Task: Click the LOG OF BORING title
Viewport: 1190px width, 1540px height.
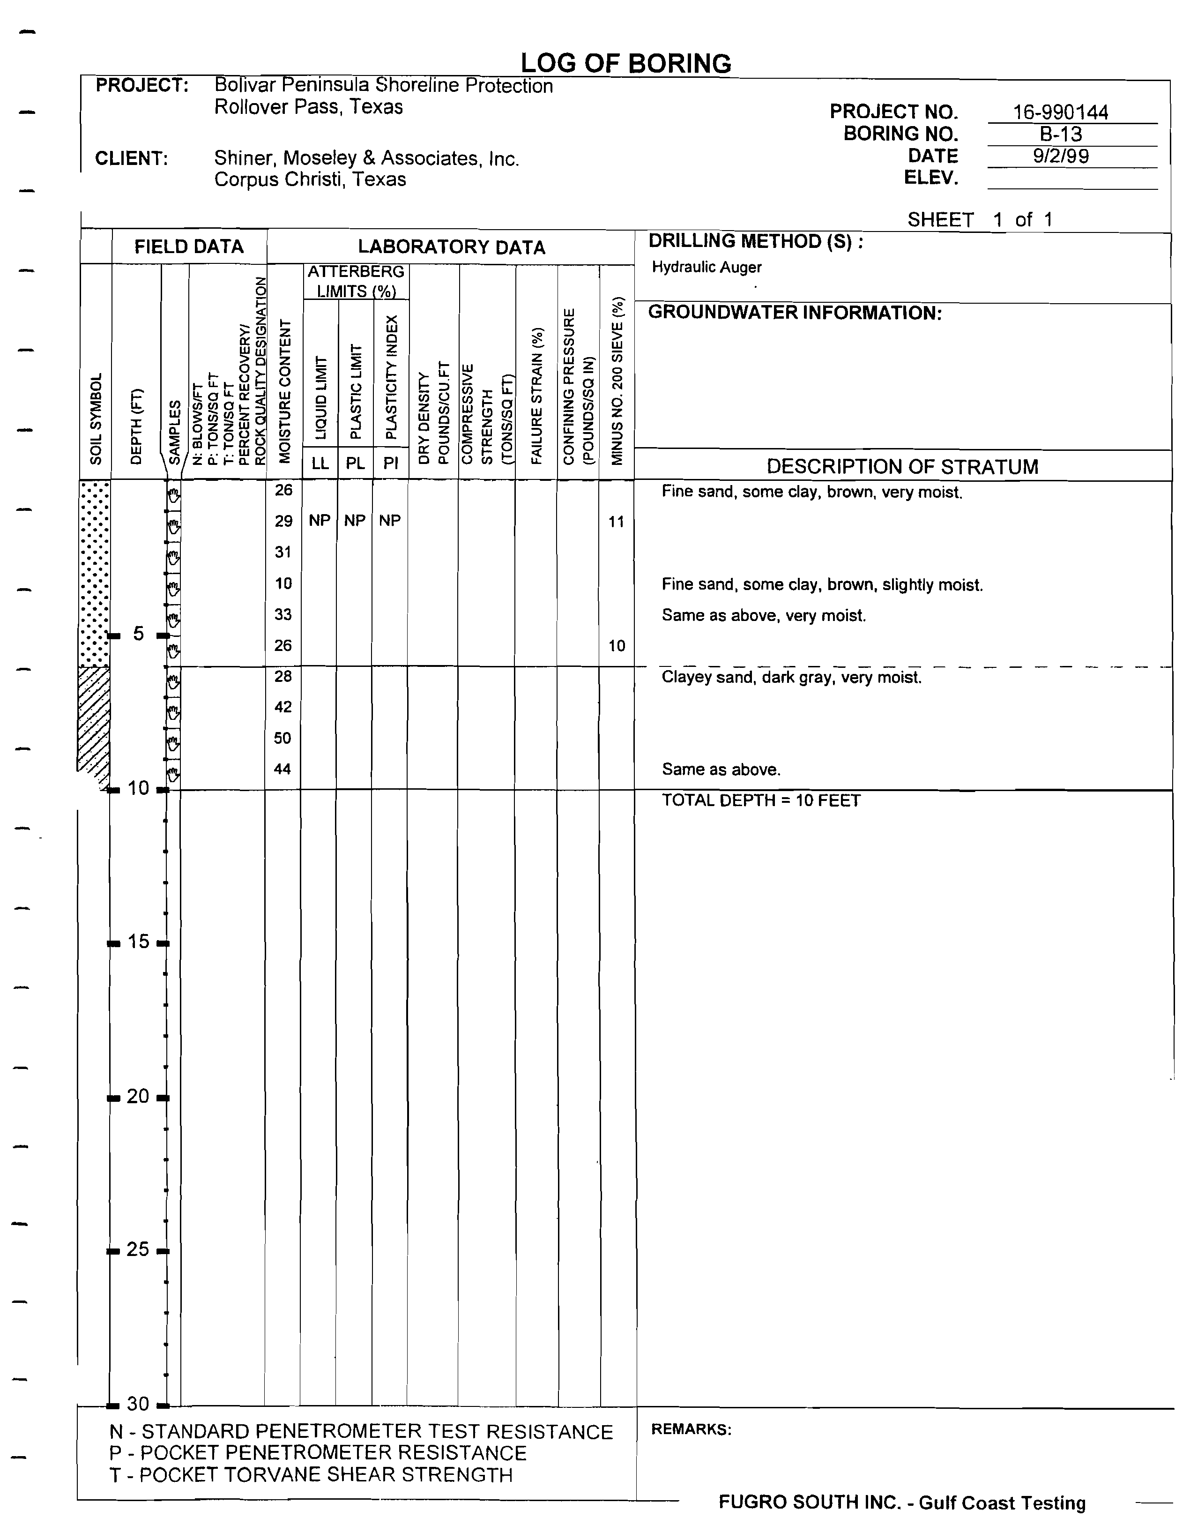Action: pyautogui.click(x=625, y=63)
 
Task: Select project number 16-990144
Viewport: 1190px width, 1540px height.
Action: pyautogui.click(x=1060, y=112)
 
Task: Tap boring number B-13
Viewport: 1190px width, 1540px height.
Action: pyautogui.click(x=1060, y=134)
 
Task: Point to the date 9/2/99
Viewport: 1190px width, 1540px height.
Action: pyautogui.click(x=1060, y=156)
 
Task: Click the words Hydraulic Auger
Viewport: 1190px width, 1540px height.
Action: pyautogui.click(x=707, y=267)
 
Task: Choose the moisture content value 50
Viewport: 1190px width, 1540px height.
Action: pyautogui.click(x=283, y=738)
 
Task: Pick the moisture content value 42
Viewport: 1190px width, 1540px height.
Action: pyautogui.click(x=283, y=707)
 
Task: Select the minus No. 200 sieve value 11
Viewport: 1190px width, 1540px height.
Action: pyautogui.click(x=616, y=522)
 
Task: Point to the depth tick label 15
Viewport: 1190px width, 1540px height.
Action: pyautogui.click(x=138, y=942)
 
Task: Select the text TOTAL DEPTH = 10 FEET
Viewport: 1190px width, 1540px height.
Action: pyautogui.click(x=761, y=801)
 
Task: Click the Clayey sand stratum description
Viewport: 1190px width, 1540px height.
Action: pyautogui.click(x=791, y=678)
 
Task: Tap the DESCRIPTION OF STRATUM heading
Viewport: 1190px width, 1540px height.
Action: pyautogui.click(x=902, y=467)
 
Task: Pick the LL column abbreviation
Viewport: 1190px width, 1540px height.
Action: pyautogui.click(x=320, y=463)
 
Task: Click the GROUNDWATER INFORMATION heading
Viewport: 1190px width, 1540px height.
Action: pyautogui.click(x=795, y=313)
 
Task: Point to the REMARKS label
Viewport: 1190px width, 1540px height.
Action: pyautogui.click(x=691, y=1429)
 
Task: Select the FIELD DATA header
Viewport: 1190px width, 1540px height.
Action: pyautogui.click(x=189, y=247)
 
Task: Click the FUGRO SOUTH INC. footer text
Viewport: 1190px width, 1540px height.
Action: pyautogui.click(x=902, y=1503)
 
